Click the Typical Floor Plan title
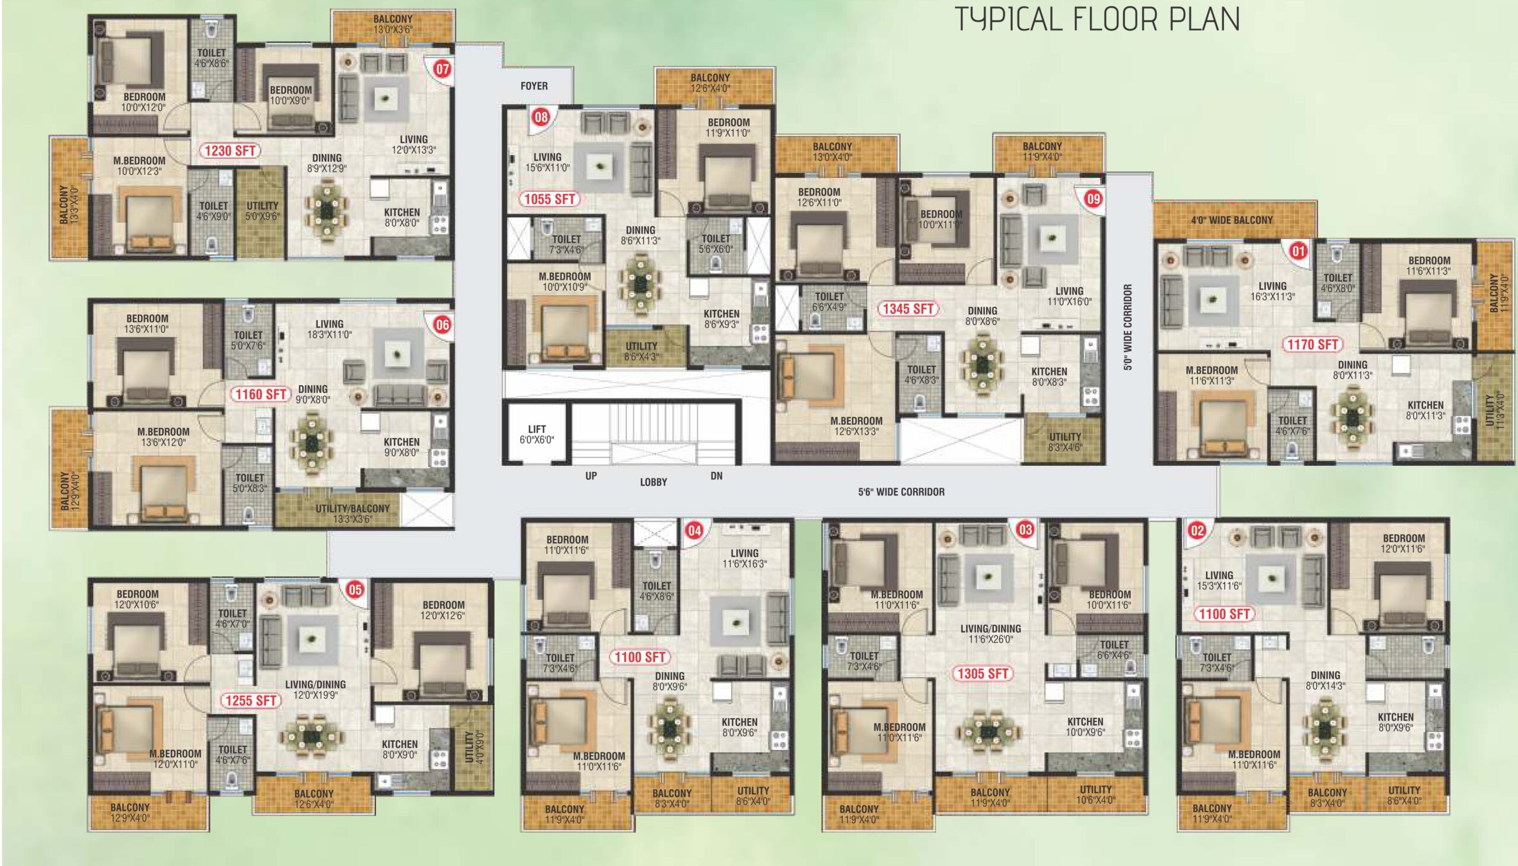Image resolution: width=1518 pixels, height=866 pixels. point(1098,19)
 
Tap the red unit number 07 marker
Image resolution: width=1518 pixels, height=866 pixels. point(442,69)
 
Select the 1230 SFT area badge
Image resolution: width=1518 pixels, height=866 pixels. point(229,151)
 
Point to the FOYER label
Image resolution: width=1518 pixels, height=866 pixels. point(534,86)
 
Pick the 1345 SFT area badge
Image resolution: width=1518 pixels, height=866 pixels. point(908,309)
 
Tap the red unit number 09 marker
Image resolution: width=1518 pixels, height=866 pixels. point(1093,199)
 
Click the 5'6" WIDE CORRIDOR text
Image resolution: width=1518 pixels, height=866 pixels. point(901,492)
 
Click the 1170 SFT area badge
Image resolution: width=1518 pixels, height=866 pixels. point(1312,344)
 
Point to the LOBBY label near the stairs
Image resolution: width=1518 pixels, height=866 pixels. point(653,482)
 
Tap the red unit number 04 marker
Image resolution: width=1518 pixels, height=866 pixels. point(694,531)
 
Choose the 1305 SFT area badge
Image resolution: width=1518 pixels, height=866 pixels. point(982,673)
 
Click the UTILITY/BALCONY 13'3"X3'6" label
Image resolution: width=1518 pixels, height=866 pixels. point(352,513)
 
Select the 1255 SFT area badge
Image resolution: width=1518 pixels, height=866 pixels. point(250,701)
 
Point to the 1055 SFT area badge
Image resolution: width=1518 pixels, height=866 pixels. point(549,199)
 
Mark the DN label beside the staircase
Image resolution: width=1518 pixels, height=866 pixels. point(716,476)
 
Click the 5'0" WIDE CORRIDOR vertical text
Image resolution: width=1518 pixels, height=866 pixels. point(1128,327)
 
